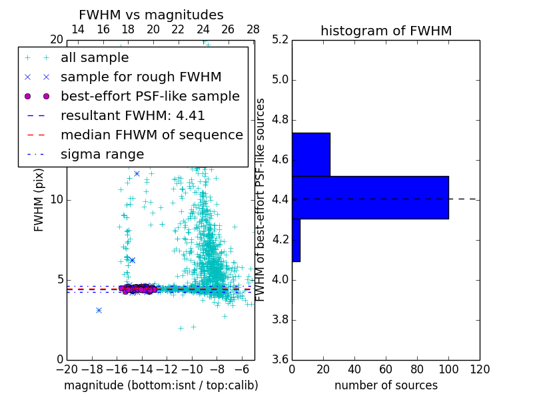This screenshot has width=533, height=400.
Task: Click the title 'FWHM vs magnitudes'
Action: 151,15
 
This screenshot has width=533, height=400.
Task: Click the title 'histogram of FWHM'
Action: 386,31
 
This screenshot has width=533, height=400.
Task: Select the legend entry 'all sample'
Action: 95,58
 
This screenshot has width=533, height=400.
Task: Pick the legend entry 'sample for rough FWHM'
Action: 141,77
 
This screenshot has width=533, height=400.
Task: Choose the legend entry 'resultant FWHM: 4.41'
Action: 133,115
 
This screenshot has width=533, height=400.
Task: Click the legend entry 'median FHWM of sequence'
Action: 151,135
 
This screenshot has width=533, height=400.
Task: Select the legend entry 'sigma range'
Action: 102,154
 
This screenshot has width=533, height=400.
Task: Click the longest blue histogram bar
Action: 370,197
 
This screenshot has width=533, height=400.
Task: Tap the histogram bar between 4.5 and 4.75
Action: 311,154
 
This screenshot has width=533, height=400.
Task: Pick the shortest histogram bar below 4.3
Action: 296,240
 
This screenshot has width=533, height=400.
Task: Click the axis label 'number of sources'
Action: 386,385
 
